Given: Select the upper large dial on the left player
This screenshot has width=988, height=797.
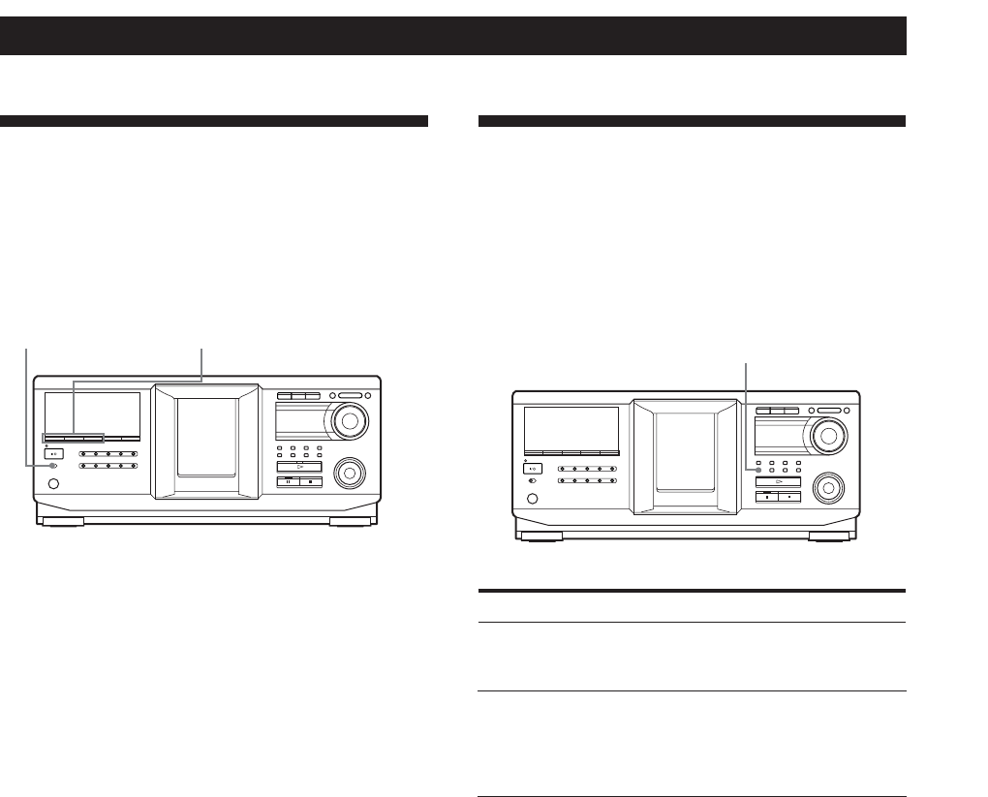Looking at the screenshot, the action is (352, 419).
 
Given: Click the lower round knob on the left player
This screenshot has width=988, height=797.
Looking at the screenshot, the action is (346, 474).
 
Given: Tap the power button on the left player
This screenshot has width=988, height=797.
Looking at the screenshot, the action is (54, 452).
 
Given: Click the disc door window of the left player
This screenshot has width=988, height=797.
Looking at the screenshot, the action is (207, 436).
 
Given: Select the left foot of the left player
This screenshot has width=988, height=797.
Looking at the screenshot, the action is (61, 522).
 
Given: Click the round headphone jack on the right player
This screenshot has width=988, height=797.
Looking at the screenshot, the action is (529, 501).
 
